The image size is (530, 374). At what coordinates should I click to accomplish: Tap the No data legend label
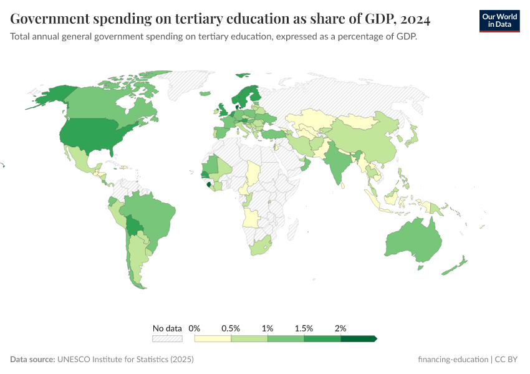[x=167, y=328]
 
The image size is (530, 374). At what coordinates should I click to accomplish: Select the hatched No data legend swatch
[x=167, y=338]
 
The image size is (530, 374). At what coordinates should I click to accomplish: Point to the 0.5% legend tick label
[x=231, y=328]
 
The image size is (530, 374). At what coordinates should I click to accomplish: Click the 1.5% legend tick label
[x=304, y=328]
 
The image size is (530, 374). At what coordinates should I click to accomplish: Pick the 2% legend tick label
[x=340, y=328]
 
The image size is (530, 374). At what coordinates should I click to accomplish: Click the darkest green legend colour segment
[x=359, y=338]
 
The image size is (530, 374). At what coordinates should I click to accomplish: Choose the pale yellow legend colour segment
[x=213, y=338]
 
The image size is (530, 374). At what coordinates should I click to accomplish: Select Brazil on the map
[x=153, y=215]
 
